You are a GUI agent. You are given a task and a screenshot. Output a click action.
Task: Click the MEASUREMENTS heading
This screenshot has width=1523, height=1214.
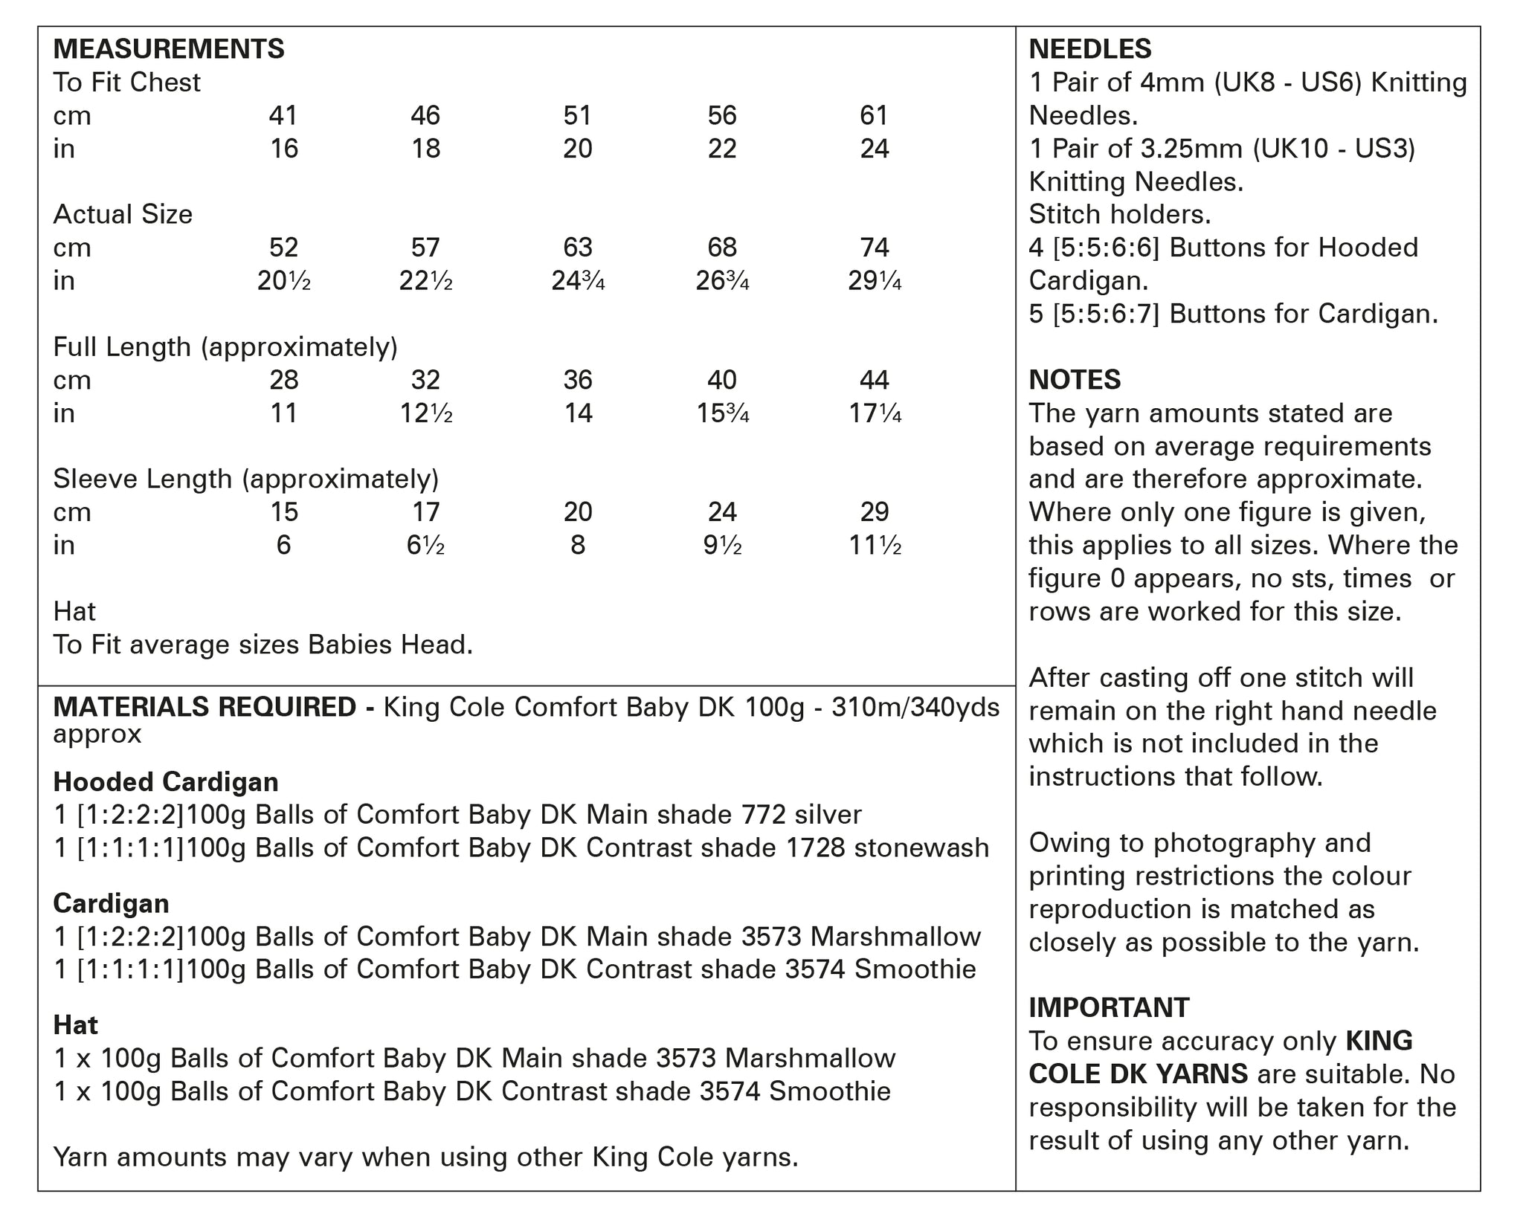coord(169,49)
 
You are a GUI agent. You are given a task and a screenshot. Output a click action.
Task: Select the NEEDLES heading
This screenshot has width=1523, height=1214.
coord(1089,49)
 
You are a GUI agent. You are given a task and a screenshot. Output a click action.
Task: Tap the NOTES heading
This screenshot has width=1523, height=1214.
coord(1075,380)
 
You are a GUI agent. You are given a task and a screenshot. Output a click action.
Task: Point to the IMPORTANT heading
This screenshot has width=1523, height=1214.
coord(1109,1007)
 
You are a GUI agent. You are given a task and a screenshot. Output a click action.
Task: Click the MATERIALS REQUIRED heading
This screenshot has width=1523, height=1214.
coord(205,707)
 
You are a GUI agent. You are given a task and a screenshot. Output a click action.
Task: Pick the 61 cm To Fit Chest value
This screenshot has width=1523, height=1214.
coord(874,115)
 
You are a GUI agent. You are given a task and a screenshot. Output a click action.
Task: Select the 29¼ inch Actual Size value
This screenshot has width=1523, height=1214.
coord(875,281)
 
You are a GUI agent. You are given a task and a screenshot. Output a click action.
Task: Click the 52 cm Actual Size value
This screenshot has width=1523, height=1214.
coord(283,248)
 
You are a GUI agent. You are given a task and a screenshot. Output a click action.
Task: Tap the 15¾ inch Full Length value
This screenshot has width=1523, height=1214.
coord(722,413)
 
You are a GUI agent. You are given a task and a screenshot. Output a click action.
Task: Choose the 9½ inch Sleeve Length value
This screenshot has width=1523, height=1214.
coord(722,546)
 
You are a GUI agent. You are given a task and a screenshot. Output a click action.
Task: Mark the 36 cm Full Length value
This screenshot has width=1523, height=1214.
coord(578,380)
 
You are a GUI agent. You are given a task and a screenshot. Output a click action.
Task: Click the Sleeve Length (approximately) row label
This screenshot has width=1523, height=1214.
coord(245,479)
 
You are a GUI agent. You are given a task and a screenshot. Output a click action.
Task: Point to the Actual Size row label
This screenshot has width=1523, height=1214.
coord(123,214)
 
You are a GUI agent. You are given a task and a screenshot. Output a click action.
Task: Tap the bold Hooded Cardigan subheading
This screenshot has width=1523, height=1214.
coord(166,782)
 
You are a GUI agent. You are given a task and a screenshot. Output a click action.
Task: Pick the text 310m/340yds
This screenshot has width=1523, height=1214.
coord(915,707)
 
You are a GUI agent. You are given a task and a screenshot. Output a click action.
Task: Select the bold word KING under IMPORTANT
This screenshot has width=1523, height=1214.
coord(1379,1041)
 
